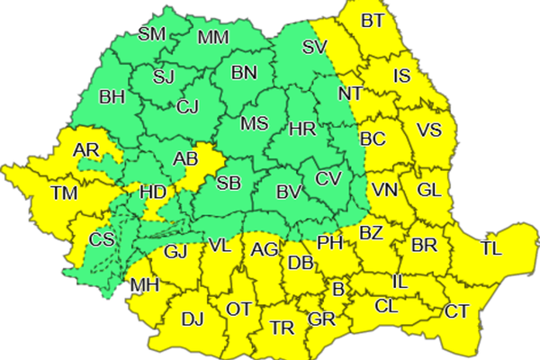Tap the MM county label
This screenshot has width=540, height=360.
coord(212,38)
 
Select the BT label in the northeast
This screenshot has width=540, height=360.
coord(372,21)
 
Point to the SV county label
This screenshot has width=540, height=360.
coord(314,47)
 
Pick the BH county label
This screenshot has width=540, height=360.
coord(112,96)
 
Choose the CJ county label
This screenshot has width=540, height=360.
coord(187,108)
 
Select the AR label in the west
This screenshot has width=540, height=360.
coord(87,149)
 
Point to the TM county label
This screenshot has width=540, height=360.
coord(64,193)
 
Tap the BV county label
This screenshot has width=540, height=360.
coord(288,191)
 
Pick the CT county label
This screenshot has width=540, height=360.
coord(456,312)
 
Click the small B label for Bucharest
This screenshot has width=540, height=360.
coord(338,290)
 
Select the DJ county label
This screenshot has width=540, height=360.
coord(192,318)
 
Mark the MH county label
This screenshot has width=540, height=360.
coord(144,286)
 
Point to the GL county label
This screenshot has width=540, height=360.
coord(430,190)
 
